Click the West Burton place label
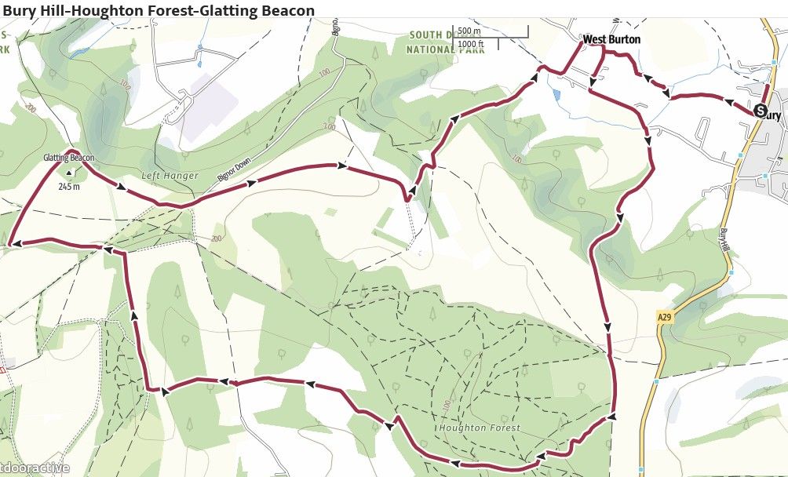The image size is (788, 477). click(x=611, y=39)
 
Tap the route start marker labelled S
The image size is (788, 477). click(x=760, y=111)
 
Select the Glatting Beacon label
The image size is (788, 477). click(x=69, y=158)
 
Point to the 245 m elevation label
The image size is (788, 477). click(x=70, y=188)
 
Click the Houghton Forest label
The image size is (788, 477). click(x=480, y=428)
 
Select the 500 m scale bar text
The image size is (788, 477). click(x=469, y=31)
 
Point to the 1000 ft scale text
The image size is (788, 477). click(x=471, y=44)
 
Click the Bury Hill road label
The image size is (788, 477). click(x=724, y=240)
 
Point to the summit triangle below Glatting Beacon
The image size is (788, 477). click(x=69, y=173)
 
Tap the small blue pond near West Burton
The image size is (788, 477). click(x=556, y=95)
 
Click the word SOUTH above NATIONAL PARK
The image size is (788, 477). click(x=428, y=35)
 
